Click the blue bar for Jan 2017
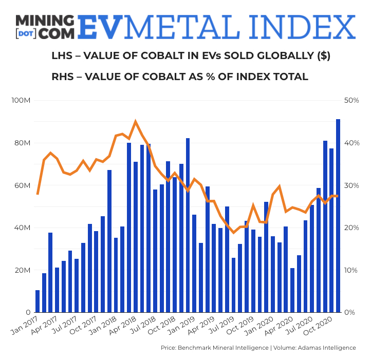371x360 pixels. pos(38,301)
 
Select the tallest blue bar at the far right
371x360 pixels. pos(338,216)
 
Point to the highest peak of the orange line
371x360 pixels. pos(135,122)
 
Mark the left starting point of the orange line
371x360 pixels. pos(38,194)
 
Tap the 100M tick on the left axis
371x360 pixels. pos(21,100)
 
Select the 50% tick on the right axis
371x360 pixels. pos(351,100)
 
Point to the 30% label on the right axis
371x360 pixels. pos(351,185)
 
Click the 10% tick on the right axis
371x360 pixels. pos(351,270)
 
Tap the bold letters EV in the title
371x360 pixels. pos(100,27)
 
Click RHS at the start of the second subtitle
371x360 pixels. pos(63,77)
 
